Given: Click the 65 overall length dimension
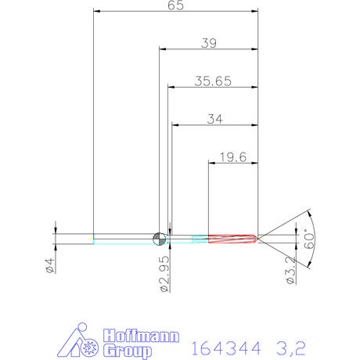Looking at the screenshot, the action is coord(175,5).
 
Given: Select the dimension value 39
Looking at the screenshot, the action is coord(209,43).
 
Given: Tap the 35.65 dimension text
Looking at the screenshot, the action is coord(213,81).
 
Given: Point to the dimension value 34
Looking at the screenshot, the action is coord(214,119).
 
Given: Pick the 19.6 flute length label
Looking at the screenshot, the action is coord(233,157).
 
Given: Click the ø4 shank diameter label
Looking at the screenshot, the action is coord(50,265).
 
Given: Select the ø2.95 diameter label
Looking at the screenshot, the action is coord(164,274).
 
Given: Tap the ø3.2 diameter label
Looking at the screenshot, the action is coord(291,270).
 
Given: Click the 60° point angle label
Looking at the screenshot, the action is coord(309,239).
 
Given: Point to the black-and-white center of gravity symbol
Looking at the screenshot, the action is coord(159,239).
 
